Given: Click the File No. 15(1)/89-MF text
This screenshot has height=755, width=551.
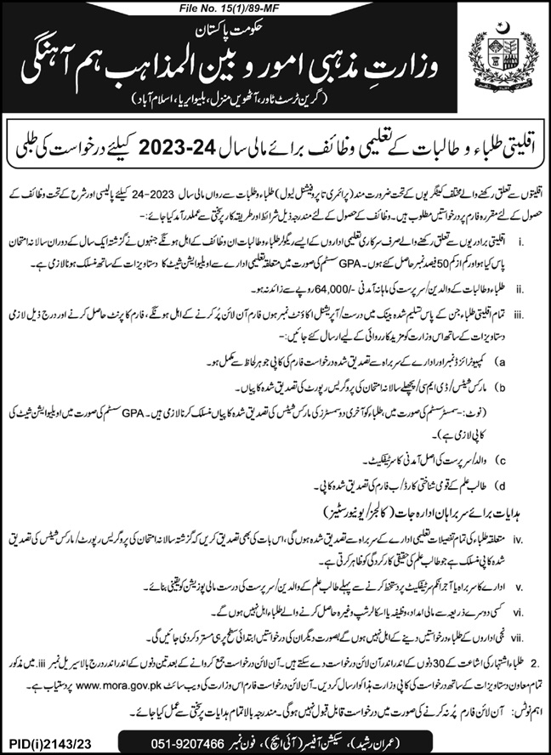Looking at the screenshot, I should tap(275, 9).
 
